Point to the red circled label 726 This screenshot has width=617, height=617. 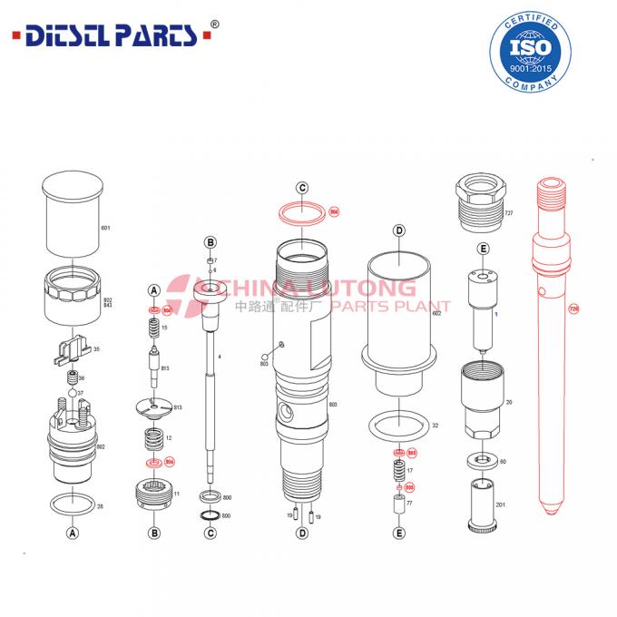[x=573, y=309]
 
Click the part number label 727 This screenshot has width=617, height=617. [x=509, y=212]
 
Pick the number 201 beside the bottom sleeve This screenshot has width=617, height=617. [x=501, y=504]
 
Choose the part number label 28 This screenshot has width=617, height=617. [x=100, y=505]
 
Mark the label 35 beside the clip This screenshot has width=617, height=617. [x=97, y=348]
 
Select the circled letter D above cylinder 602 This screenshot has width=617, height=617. [x=398, y=230]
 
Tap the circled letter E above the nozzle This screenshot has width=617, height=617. [x=484, y=249]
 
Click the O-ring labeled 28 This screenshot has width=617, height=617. [x=70, y=503]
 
